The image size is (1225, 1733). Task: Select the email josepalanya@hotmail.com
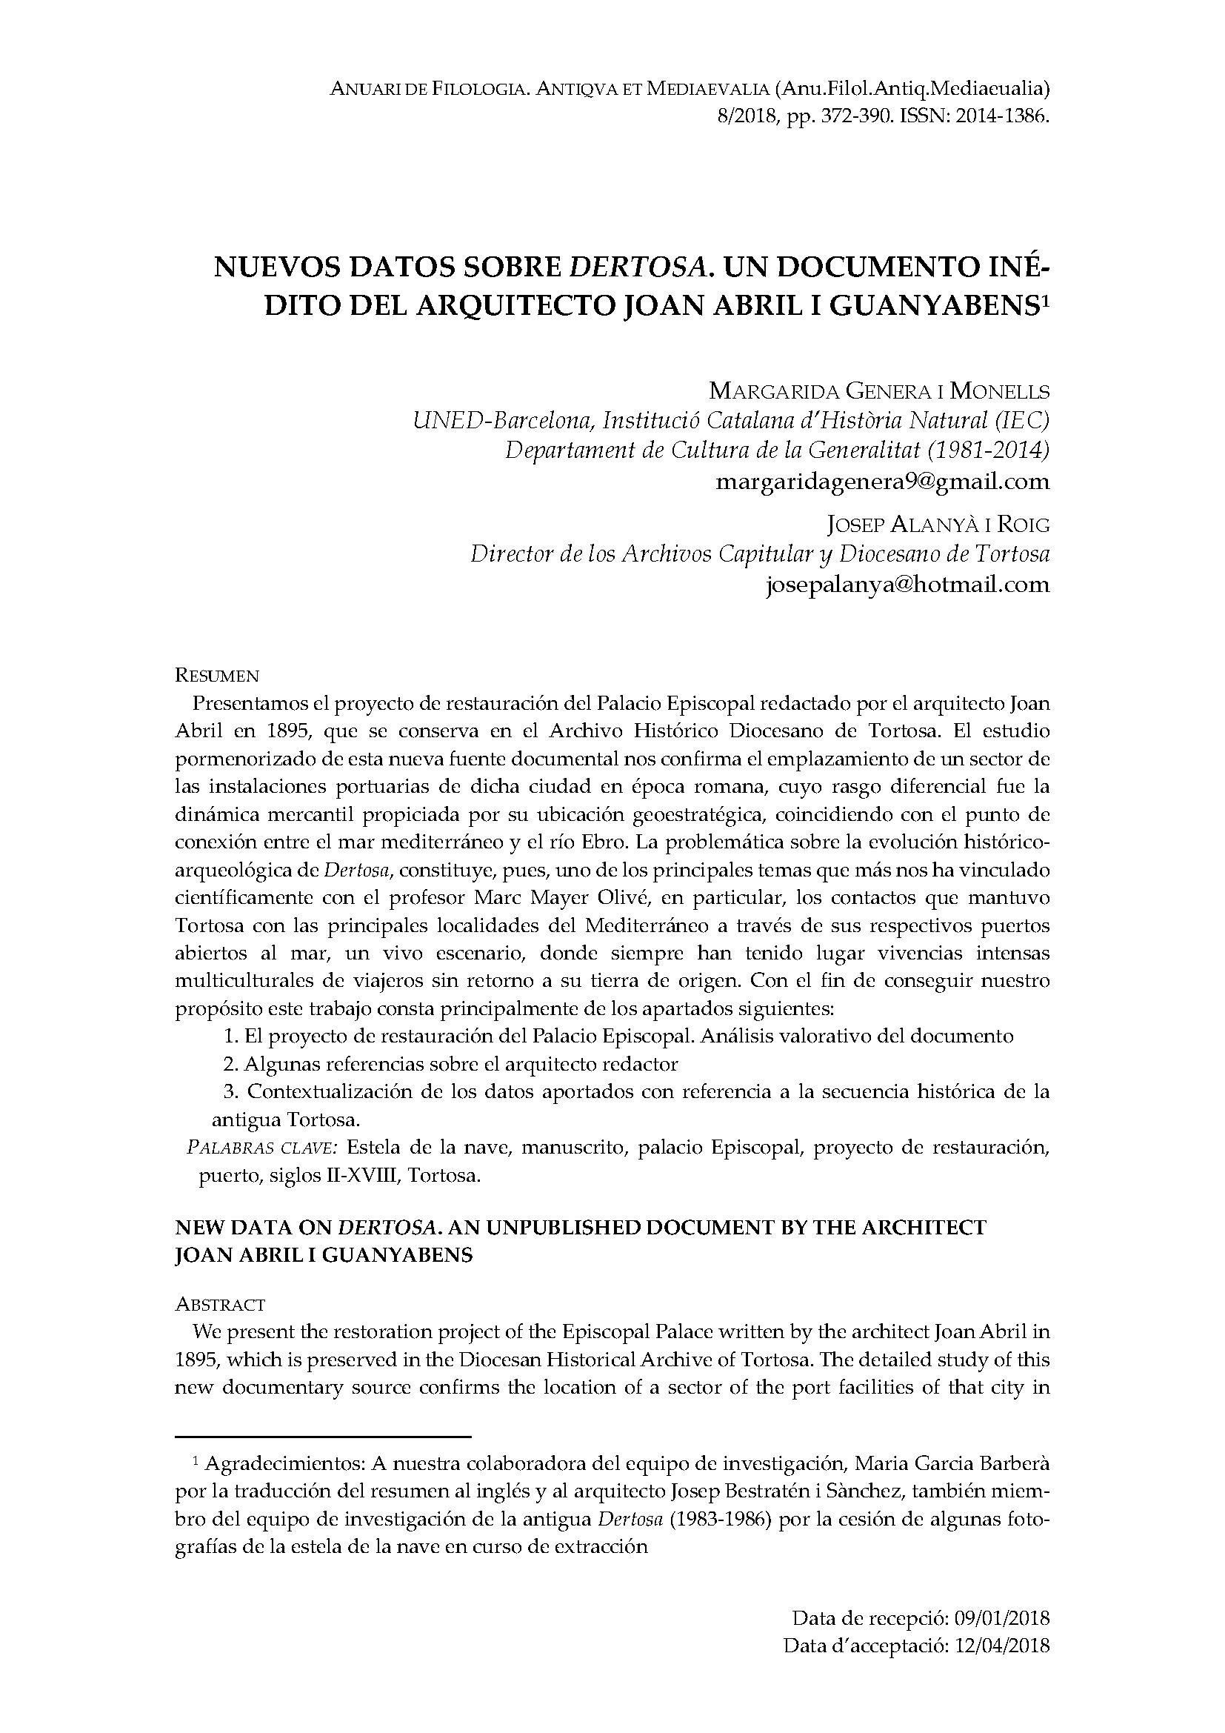[x=907, y=584]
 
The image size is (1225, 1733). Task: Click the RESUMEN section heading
[x=217, y=675]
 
